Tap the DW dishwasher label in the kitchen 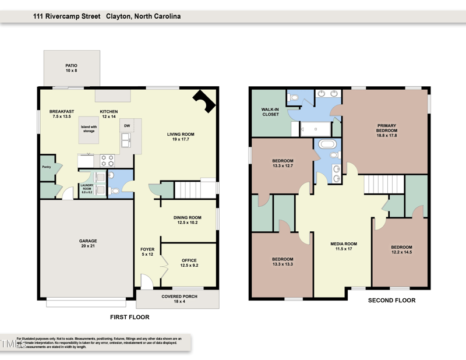click(x=126, y=125)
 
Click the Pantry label click(x=47, y=167)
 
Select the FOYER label click(x=147, y=252)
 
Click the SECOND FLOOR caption click(x=391, y=301)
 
